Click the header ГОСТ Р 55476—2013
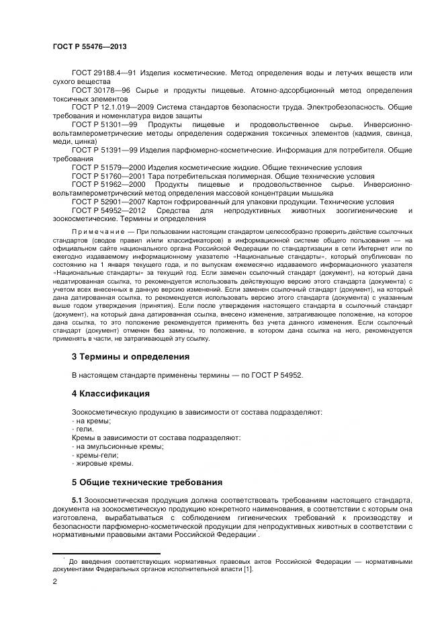click(89, 46)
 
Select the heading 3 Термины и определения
click(130, 356)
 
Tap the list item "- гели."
click(83, 428)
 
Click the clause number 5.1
click(76, 501)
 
